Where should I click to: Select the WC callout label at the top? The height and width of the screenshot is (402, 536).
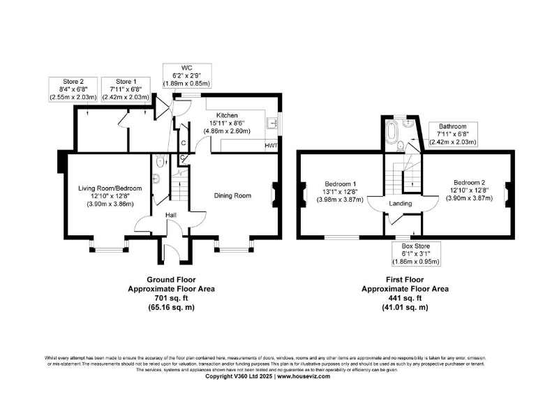click(186, 75)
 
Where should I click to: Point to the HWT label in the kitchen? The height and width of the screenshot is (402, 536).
click(271, 146)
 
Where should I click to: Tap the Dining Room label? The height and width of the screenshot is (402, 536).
click(232, 196)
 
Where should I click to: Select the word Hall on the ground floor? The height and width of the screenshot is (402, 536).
click(170, 215)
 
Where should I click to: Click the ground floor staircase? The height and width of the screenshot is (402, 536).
click(180, 188)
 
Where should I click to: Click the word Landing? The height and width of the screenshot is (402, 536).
click(401, 204)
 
